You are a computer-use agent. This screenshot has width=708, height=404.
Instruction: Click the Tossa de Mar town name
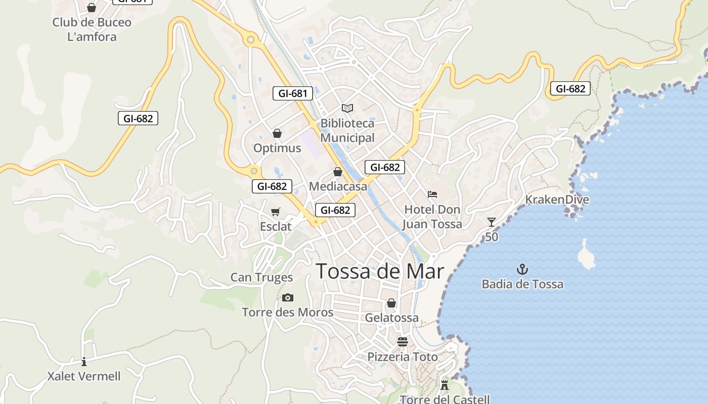click(x=380, y=272)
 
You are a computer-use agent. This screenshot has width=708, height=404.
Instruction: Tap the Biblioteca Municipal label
click(x=347, y=130)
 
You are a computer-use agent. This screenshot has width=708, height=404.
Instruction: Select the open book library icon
click(x=347, y=108)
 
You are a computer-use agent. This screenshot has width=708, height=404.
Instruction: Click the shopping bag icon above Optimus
click(x=277, y=133)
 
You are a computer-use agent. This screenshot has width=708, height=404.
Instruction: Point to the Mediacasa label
click(x=338, y=186)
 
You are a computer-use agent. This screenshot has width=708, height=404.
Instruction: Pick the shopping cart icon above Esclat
click(x=276, y=212)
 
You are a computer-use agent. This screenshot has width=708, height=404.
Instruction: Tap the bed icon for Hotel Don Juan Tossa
click(x=432, y=194)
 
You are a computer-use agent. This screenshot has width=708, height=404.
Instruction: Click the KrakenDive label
click(x=557, y=199)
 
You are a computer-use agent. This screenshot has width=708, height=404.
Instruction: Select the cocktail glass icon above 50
click(x=491, y=222)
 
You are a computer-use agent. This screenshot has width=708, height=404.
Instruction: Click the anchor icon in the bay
click(x=522, y=269)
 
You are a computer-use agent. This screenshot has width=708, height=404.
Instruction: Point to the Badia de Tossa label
click(x=522, y=284)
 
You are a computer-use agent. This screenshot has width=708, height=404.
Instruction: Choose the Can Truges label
click(x=261, y=277)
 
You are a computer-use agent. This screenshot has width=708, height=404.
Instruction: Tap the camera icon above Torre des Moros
click(x=288, y=298)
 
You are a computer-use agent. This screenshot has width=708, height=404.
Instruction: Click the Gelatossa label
click(x=391, y=318)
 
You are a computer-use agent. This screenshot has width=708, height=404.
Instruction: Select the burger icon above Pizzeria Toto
click(x=403, y=342)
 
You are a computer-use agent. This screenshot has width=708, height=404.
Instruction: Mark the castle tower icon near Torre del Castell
click(x=445, y=385)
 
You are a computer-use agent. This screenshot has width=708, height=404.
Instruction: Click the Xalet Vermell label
click(x=84, y=376)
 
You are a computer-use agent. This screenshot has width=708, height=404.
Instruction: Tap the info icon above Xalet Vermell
click(x=84, y=362)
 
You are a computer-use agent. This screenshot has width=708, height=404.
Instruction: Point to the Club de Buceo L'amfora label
click(x=92, y=29)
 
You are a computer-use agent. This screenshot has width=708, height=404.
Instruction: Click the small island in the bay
click(x=587, y=255)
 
